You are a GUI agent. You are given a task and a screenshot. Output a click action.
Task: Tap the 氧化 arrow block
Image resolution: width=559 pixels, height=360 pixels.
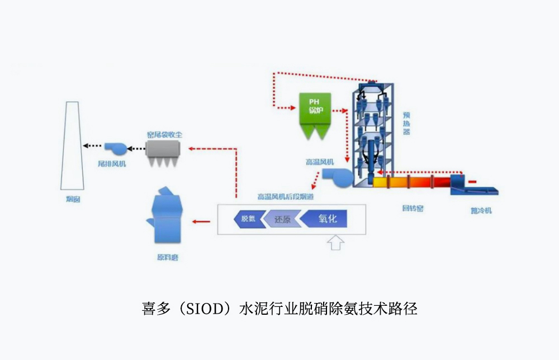tap(325, 219)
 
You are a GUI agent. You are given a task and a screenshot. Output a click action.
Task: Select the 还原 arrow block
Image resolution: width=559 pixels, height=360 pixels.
tap(282, 219)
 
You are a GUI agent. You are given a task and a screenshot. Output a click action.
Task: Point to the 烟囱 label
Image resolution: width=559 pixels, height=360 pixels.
tap(73, 199)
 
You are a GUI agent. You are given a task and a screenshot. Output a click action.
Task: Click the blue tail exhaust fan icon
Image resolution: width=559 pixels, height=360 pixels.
tap(115, 148)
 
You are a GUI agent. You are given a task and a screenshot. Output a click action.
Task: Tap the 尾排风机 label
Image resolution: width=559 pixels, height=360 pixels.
tap(112, 164)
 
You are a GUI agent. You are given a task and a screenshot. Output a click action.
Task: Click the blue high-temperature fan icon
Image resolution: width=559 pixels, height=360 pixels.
tap(338, 178)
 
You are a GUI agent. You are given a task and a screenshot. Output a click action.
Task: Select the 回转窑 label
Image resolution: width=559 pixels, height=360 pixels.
tap(413, 209)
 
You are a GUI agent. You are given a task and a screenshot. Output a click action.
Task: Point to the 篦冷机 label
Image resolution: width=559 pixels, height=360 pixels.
tap(482, 211)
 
